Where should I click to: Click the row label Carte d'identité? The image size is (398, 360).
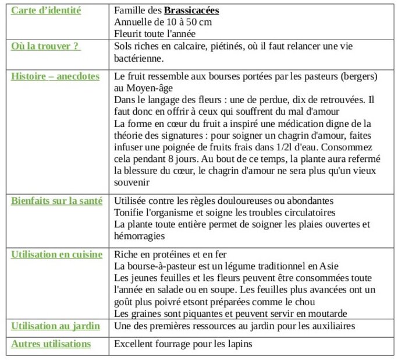(46, 10)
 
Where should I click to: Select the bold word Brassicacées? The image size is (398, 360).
(191, 10)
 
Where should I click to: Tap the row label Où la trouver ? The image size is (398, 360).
(45, 46)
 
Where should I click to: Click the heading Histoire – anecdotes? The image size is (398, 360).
(55, 76)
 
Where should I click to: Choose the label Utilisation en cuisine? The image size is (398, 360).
(56, 255)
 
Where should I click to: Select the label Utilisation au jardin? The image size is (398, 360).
(55, 326)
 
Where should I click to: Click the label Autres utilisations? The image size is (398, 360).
(51, 344)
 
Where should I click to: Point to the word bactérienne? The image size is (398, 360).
(139, 58)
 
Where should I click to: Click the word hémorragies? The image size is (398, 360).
(140, 236)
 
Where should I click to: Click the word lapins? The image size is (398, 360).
(239, 344)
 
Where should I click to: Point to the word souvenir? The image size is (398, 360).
(132, 182)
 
